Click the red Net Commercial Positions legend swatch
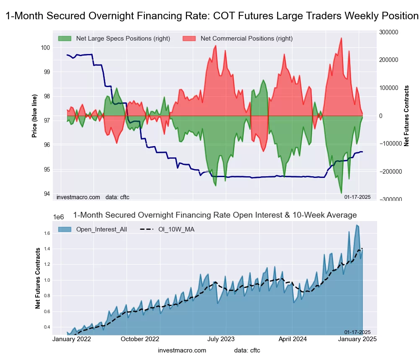(x=189, y=39)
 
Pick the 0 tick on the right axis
(x=380, y=116)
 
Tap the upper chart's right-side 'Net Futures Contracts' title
(x=406, y=116)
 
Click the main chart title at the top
(x=212, y=16)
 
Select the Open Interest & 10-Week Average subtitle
(x=215, y=215)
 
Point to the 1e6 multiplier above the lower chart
(x=59, y=217)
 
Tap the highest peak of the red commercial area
(x=341, y=38)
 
